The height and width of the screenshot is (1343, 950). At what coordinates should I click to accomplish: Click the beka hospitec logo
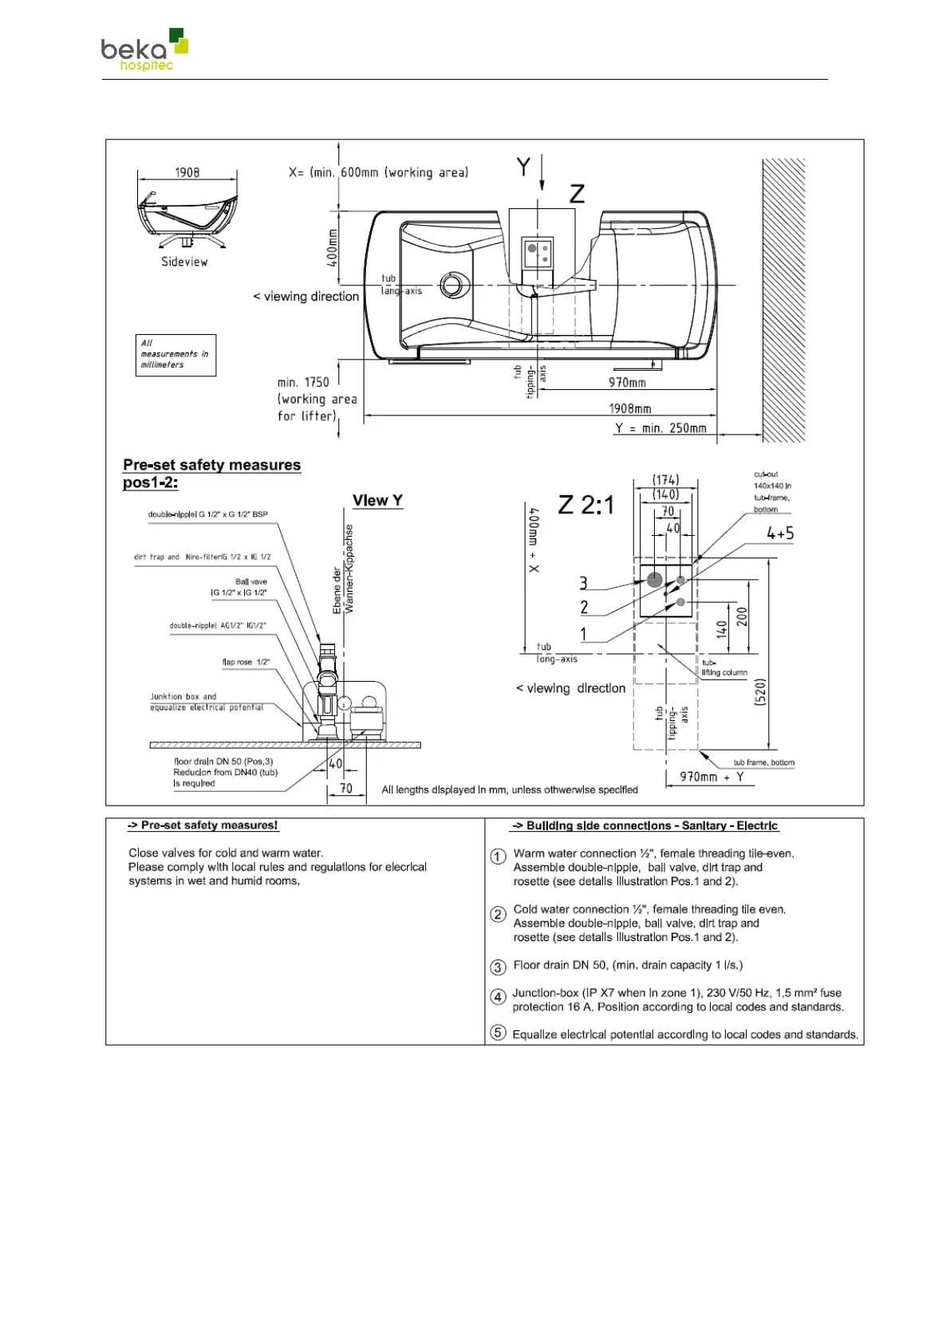[x=144, y=50]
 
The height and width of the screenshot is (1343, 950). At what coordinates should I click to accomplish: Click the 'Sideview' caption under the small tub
[x=184, y=262]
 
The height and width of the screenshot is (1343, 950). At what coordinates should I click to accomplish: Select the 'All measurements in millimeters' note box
[x=175, y=354]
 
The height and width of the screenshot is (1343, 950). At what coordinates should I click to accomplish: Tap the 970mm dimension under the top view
[x=627, y=382]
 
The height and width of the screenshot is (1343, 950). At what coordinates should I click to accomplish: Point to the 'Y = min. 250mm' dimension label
[x=660, y=428]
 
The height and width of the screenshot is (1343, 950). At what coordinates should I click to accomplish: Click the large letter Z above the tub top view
[x=577, y=194]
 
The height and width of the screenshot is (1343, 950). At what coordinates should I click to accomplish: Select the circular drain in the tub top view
[x=454, y=285]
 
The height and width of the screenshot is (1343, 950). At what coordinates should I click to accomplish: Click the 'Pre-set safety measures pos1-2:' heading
[x=211, y=473]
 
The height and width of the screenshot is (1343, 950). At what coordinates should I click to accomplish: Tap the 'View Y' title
[x=377, y=501]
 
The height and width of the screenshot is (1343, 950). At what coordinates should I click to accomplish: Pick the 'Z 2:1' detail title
[x=586, y=505]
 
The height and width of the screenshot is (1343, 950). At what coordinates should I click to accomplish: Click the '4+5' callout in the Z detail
[x=779, y=534]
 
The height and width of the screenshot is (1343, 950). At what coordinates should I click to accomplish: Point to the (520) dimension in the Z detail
[x=759, y=691]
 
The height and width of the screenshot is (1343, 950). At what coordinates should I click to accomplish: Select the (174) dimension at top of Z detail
[x=665, y=479]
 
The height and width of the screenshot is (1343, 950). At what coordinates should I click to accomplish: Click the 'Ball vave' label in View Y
[x=250, y=581]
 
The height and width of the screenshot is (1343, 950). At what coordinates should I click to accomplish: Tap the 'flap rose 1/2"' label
[x=246, y=662]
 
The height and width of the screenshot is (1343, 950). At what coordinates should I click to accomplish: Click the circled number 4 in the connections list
[x=498, y=997]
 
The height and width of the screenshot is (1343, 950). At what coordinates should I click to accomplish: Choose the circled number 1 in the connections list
[x=498, y=857]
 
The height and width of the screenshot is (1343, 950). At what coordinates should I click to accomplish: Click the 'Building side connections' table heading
[x=645, y=825]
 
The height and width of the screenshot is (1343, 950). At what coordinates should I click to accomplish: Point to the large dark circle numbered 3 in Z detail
[x=655, y=580]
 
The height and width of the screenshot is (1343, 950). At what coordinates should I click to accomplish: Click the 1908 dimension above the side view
[x=187, y=172]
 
